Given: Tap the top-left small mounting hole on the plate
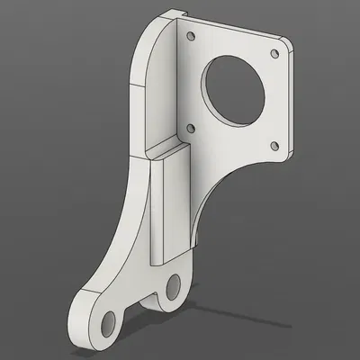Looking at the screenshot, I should pos(190,37).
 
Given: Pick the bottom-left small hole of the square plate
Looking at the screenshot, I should pos(189,129).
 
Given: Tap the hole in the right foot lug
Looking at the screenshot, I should pos(173,290).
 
